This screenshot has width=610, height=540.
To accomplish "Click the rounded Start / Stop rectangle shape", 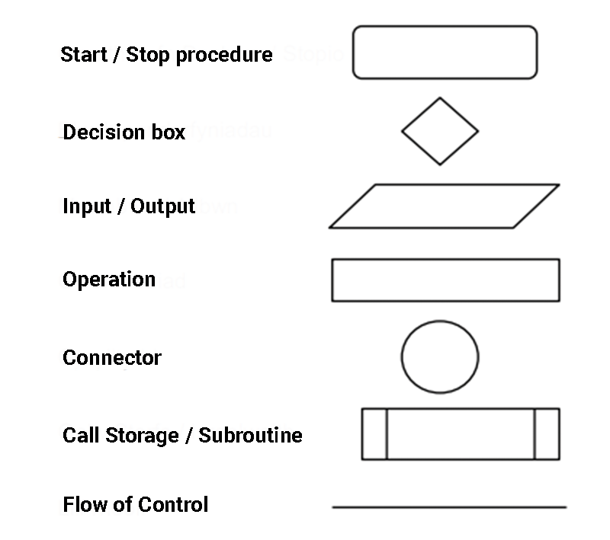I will coord(445,53).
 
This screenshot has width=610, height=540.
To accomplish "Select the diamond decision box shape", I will coord(440,131).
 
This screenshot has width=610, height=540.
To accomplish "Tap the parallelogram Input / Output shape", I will coord(445,206).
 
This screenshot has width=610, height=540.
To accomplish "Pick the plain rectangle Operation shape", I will coord(445,280).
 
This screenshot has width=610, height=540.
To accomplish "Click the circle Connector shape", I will coord(440,357).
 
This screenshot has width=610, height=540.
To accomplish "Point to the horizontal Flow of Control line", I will coord(449,506).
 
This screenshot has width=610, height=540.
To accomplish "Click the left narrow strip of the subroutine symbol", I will coord(374,434).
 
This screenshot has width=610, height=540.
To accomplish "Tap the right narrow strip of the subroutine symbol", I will coord(547,434).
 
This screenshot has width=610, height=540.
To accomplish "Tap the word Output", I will coord(163,207).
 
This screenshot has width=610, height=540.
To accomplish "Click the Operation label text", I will coord(109,280).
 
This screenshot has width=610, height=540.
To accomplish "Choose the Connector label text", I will coord(112,358).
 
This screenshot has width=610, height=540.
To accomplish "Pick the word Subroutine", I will coord(250,436).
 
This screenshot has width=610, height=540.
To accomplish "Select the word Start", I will coord(82,55).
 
